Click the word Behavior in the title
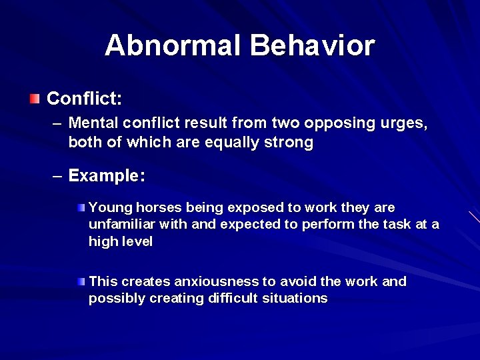pyautogui.click(x=312, y=46)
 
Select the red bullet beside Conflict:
pyautogui.click(x=35, y=99)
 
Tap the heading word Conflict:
pyautogui.click(x=84, y=99)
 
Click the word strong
pyautogui.click(x=288, y=142)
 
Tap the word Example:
pyautogui.click(x=107, y=176)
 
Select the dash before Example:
pyautogui.click(x=58, y=176)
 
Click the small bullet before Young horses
pyautogui.click(x=81, y=208)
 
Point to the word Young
pyautogui.click(x=107, y=207)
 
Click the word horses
pyautogui.click(x=153, y=207)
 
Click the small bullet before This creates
pyautogui.click(x=81, y=281)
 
